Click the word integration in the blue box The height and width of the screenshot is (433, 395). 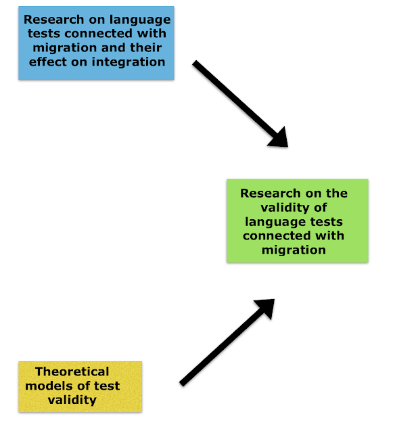(x=129, y=62)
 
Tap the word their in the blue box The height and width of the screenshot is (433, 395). (x=145, y=47)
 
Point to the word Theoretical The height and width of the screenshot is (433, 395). (x=72, y=371)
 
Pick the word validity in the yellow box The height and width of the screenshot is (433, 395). (x=72, y=400)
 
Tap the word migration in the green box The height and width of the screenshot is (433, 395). (x=294, y=250)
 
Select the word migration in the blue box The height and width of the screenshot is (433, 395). (x=65, y=48)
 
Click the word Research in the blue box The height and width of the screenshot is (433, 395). (x=53, y=20)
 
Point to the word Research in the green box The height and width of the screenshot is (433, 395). (x=271, y=193)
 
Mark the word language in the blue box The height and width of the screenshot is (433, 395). (x=140, y=20)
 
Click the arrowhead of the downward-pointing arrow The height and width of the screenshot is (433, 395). (x=279, y=138)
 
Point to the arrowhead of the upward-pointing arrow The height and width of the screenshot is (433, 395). (x=266, y=307)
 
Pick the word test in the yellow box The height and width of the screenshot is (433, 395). (x=107, y=386)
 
